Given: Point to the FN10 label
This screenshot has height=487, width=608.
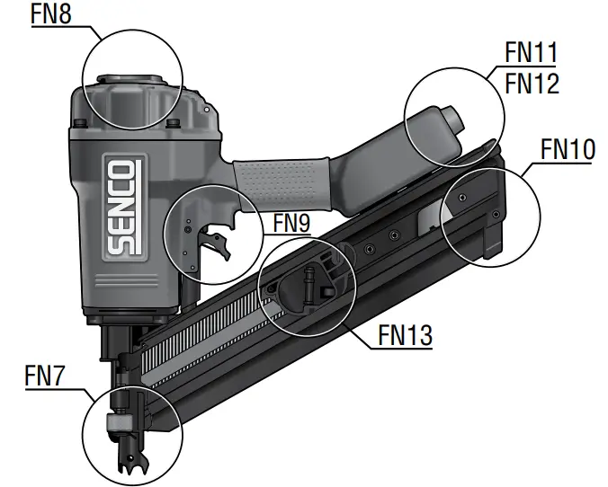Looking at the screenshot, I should click(x=567, y=149).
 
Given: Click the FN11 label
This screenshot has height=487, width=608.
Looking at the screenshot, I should click(x=531, y=53).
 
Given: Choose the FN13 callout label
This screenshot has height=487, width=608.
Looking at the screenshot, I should click(x=404, y=335).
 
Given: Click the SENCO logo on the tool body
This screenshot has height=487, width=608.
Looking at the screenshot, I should click(x=121, y=206).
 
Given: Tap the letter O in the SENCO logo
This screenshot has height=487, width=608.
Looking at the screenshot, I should click(x=121, y=171).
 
